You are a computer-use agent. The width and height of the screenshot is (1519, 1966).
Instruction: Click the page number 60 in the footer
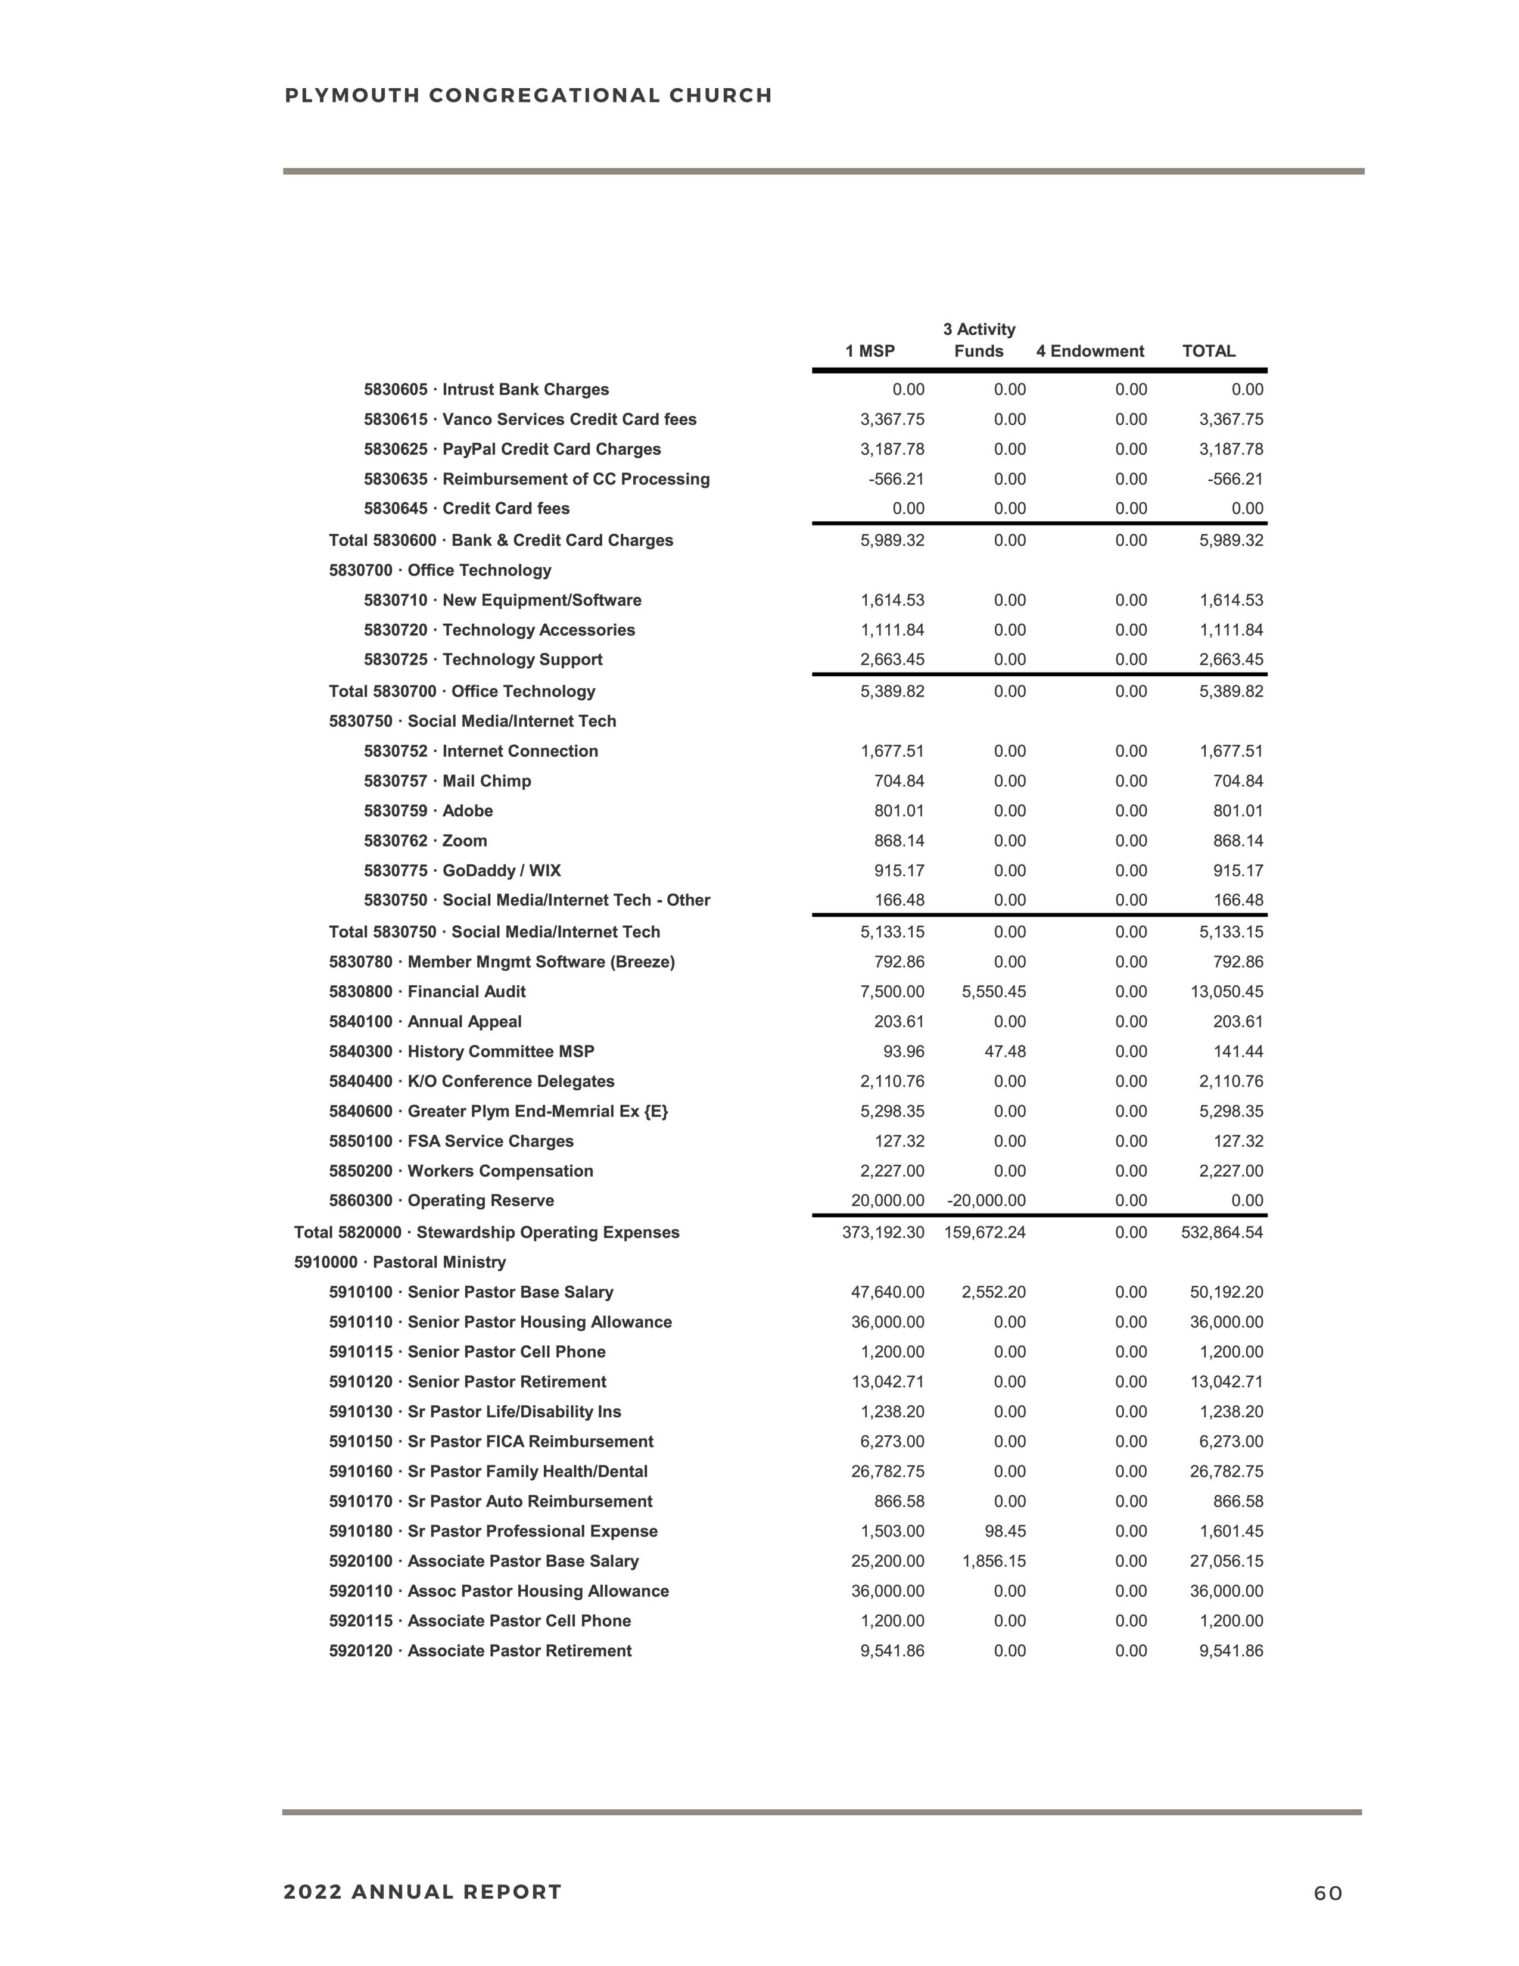click(x=1327, y=1893)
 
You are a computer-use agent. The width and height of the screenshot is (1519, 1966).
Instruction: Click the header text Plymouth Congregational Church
click(x=528, y=95)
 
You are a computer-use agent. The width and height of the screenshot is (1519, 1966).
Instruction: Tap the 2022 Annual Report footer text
click(x=422, y=1892)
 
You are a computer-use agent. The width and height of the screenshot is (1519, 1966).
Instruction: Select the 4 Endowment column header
click(x=1090, y=351)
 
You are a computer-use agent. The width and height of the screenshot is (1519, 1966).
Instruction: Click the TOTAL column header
click(x=1207, y=351)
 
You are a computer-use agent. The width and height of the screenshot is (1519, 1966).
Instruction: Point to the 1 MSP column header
click(x=869, y=351)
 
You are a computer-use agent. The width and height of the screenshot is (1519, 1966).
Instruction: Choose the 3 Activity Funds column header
click(x=979, y=340)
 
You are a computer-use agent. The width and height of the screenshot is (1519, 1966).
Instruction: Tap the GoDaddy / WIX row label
click(x=462, y=870)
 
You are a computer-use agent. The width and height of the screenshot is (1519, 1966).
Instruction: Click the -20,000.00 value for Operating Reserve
click(x=986, y=1201)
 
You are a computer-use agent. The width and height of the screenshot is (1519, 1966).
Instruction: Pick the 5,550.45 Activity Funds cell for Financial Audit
click(x=994, y=992)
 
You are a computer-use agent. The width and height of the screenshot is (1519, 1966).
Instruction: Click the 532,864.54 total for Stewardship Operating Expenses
click(x=1221, y=1233)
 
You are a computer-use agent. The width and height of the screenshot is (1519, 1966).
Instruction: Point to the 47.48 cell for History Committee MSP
click(x=1005, y=1052)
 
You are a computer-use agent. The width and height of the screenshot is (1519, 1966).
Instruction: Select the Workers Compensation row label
click(x=460, y=1171)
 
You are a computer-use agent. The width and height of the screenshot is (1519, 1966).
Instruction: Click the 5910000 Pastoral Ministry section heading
click(x=400, y=1262)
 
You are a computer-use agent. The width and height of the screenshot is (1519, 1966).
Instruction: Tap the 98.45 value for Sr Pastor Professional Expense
click(x=1005, y=1531)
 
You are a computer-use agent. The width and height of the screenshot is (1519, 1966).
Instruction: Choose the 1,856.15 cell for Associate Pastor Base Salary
click(x=994, y=1561)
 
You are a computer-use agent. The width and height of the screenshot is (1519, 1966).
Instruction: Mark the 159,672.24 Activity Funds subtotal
click(x=985, y=1233)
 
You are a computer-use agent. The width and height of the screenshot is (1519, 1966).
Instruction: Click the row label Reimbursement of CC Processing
click(x=536, y=479)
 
